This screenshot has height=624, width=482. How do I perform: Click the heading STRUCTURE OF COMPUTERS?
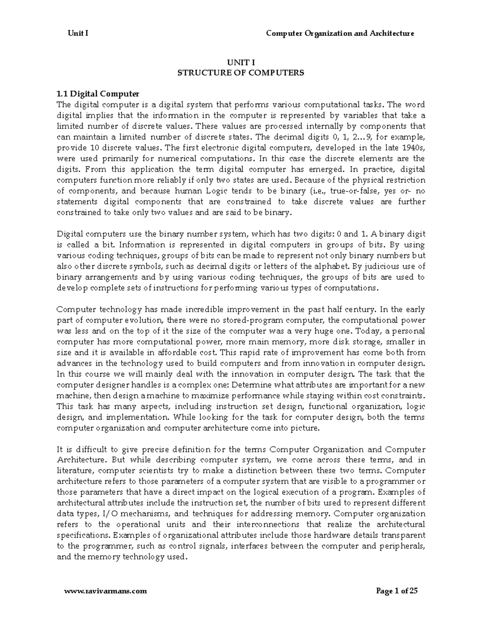pos(241,73)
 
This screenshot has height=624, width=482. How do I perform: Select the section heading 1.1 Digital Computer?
pos(98,94)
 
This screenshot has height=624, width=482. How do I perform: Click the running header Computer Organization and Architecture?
pos(340,33)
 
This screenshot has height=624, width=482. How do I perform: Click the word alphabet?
pos(335,266)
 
